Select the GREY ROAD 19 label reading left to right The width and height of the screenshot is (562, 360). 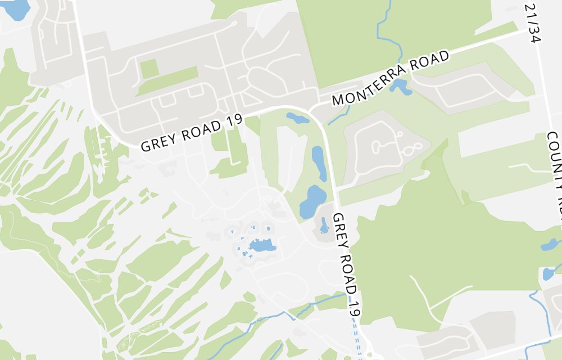[191, 132]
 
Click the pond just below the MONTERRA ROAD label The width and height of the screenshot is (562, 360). [400, 86]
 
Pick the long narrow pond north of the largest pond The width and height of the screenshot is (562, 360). [318, 160]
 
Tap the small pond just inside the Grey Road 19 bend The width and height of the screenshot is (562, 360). [297, 118]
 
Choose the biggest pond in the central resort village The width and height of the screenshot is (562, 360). [261, 245]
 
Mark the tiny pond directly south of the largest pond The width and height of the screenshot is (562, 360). [324, 226]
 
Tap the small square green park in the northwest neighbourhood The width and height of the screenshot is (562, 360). [149, 69]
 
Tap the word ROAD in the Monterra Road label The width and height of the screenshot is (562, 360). [430, 63]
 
